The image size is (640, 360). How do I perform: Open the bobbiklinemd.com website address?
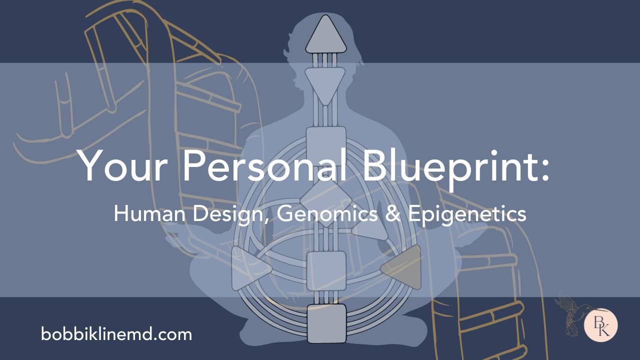tap(116, 333)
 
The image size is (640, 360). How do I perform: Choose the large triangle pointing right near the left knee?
tap(249, 270)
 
